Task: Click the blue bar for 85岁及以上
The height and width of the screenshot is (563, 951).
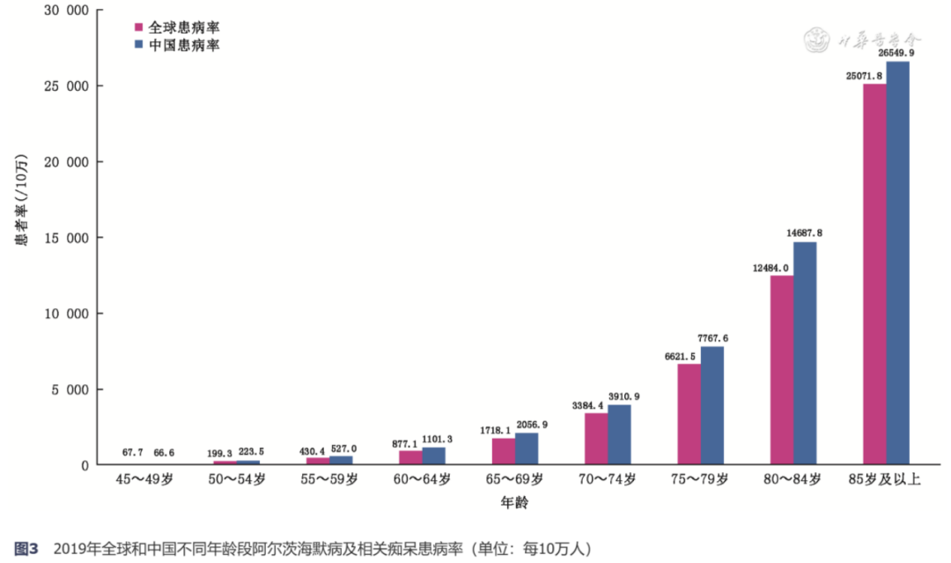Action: [x=897, y=263]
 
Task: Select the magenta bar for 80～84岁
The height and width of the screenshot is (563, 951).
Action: [x=782, y=370]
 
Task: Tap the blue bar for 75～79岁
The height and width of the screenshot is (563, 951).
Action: [x=712, y=406]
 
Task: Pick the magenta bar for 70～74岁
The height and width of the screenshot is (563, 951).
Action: [x=596, y=440]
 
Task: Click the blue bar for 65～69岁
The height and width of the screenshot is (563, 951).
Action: [x=527, y=449]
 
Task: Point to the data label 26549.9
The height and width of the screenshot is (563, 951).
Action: [x=896, y=53]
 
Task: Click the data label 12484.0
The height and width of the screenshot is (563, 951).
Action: [x=770, y=268]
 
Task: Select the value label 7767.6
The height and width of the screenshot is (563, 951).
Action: [x=712, y=338]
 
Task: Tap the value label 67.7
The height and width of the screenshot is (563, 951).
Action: [x=132, y=453]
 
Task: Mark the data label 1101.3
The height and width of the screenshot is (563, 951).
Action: [x=437, y=440]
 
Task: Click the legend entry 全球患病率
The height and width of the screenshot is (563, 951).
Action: [x=177, y=27]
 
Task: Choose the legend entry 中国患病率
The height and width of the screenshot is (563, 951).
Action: [x=177, y=45]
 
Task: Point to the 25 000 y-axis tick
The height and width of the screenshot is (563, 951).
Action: [x=66, y=86]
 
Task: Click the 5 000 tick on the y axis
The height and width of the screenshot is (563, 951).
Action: [x=70, y=389]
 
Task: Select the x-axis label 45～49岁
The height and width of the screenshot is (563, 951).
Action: [x=144, y=479]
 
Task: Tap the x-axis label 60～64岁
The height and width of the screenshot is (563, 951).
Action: [x=422, y=479]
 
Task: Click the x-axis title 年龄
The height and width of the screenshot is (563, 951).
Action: [x=514, y=502]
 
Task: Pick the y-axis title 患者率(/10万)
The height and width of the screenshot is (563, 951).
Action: [x=21, y=200]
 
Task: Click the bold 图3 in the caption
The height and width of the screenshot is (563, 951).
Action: [x=26, y=549]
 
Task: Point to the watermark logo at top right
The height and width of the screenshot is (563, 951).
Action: [x=816, y=40]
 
